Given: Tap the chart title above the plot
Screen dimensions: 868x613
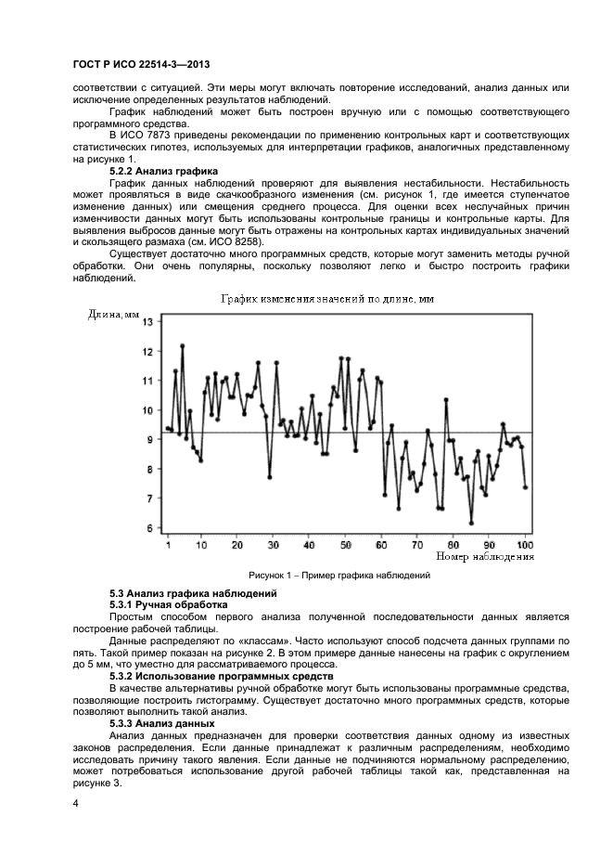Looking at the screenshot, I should pyautogui.click(x=326, y=299).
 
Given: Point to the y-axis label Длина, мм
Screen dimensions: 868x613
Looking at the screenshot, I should pyautogui.click(x=113, y=315).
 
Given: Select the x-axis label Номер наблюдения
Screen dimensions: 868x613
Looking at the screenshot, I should pyautogui.click(x=484, y=557).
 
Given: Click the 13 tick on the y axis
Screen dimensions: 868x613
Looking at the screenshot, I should pyautogui.click(x=147, y=321).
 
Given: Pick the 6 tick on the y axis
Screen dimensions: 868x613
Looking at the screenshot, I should pyautogui.click(x=148, y=528).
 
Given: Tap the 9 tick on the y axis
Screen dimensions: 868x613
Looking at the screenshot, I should pyautogui.click(x=148, y=440).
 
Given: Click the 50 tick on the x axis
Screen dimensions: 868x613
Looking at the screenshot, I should pyautogui.click(x=346, y=544).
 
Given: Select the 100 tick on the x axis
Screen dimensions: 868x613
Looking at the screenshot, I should pyautogui.click(x=524, y=544).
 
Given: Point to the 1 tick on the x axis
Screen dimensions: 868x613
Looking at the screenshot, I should pyautogui.click(x=168, y=544).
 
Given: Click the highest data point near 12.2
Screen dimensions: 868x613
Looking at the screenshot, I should pyautogui.click(x=183, y=345).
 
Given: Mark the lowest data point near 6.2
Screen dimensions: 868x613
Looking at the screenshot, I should pyautogui.click(x=471, y=523).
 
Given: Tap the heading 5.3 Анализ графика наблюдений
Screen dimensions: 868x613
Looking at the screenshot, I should pyautogui.click(x=192, y=593).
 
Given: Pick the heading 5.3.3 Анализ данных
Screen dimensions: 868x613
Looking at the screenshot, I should pyautogui.click(x=161, y=723).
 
